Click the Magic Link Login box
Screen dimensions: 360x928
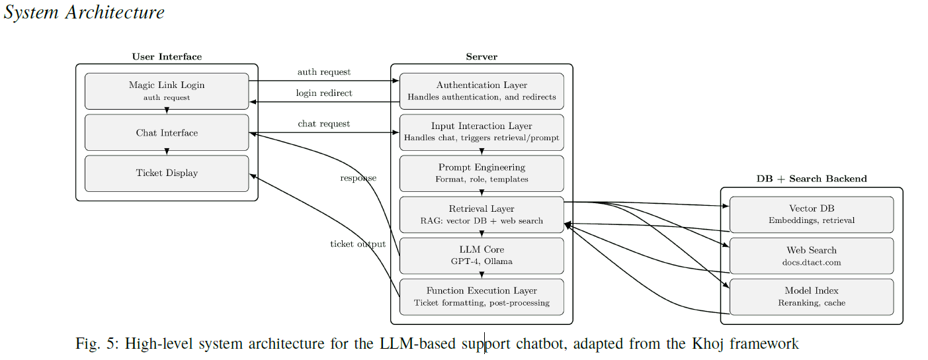tap(167, 91)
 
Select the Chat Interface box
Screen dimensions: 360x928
tap(167, 132)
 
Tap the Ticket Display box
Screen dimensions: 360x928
tap(167, 173)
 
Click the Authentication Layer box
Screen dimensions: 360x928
tap(482, 91)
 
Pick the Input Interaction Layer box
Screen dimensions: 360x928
tap(482, 132)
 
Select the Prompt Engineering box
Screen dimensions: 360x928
tap(482, 173)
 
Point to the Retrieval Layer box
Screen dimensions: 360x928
tap(482, 214)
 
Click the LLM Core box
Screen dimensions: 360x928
tap(482, 255)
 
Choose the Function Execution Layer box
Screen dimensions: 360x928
tap(482, 296)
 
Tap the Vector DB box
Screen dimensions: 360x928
tap(812, 214)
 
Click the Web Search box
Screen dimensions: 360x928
tap(812, 255)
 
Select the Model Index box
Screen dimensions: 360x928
tap(812, 296)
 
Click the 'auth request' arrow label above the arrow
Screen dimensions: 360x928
tap(324, 71)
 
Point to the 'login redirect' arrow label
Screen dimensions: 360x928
tap(324, 93)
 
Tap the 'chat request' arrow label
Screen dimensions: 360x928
tap(324, 124)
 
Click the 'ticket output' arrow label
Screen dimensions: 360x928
tap(358, 244)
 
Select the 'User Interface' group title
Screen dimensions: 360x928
tap(167, 57)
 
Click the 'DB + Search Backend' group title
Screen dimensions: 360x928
tap(812, 179)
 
